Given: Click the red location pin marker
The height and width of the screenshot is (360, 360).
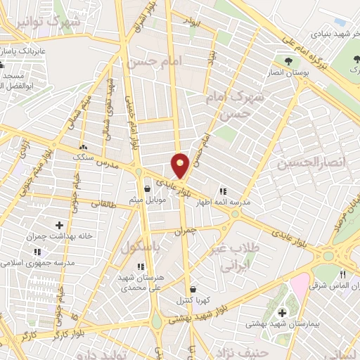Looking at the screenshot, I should click(181, 166).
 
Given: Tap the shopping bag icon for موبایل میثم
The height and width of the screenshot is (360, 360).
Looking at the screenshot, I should click(147, 188).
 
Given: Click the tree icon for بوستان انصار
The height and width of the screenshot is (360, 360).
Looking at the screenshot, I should click(288, 60).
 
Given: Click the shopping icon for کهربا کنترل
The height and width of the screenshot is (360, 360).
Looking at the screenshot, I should click(193, 289).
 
